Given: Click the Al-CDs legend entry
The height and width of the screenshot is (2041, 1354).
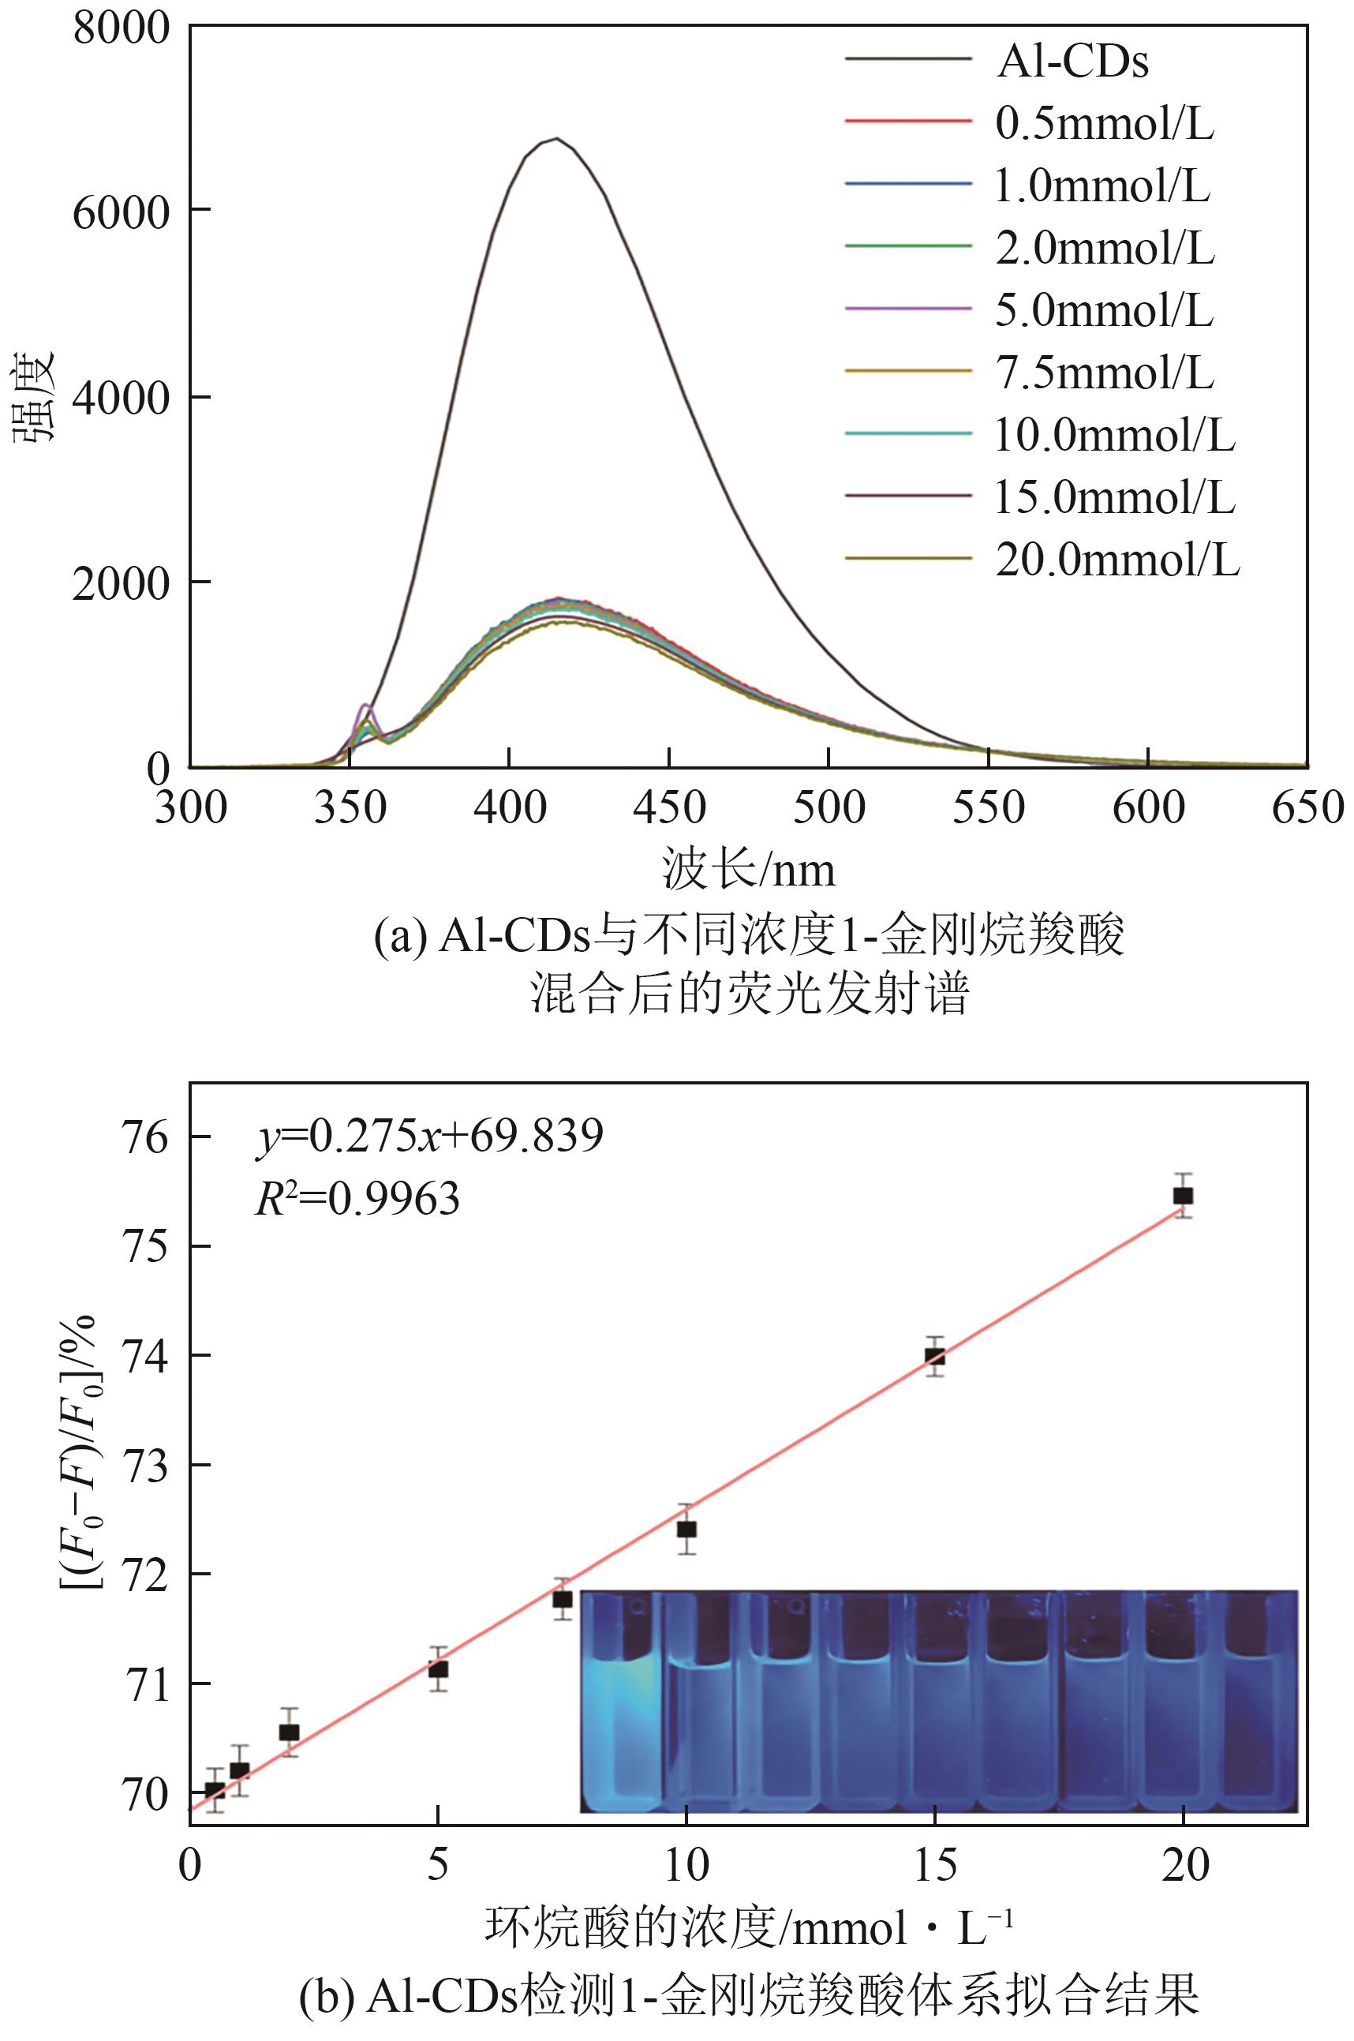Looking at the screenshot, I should [x=1072, y=61].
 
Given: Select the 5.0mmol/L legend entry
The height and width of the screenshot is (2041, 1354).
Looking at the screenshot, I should [x=1104, y=309].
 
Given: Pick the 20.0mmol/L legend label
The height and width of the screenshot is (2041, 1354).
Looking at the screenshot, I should [x=1117, y=560].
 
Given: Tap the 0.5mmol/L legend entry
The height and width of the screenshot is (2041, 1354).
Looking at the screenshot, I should [x=1104, y=122].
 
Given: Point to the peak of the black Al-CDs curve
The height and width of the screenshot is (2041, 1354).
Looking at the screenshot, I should [x=557, y=138].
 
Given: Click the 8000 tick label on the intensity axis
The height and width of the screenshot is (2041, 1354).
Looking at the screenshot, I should [x=121, y=28].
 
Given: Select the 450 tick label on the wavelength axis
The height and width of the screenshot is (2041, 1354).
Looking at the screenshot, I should [x=669, y=808].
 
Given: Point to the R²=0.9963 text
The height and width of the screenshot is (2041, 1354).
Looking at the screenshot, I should [x=357, y=1198].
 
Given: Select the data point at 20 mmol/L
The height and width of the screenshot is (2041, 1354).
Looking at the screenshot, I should [x=1183, y=1196].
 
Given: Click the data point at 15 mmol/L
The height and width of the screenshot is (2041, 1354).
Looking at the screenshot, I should [x=934, y=1357].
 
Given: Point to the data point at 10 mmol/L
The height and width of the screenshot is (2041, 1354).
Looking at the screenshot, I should [x=686, y=1529].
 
